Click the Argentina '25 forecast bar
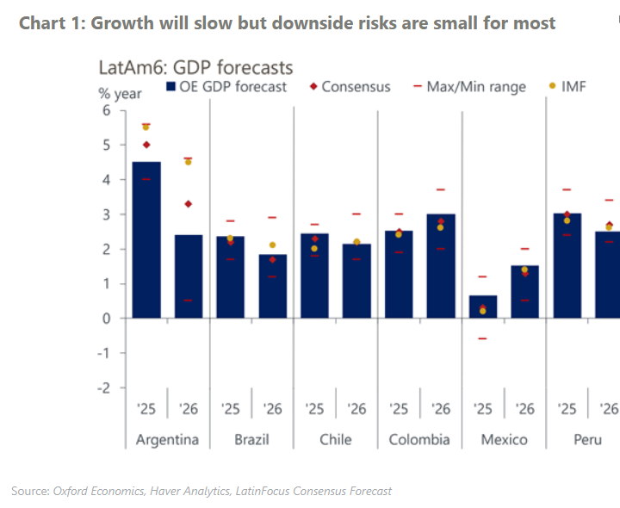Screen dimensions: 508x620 146,240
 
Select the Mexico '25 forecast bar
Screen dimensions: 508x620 482,307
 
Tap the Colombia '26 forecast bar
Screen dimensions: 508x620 440,266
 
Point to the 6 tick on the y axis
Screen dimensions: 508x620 107,110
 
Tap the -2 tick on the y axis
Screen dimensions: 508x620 104,387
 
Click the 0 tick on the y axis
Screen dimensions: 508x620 107,318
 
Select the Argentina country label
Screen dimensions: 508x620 167,439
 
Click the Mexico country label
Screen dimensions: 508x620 504,439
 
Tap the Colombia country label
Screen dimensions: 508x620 419,439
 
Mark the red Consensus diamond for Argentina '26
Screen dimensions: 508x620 188,204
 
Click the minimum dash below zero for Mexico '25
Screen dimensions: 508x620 482,338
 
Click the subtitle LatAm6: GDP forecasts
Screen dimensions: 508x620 196,67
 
